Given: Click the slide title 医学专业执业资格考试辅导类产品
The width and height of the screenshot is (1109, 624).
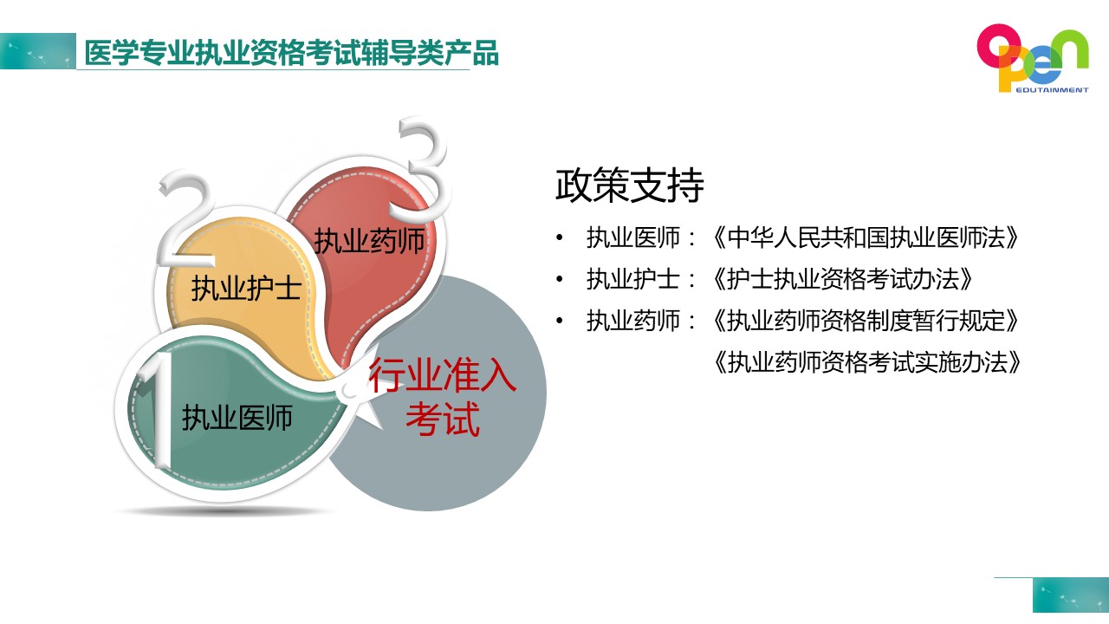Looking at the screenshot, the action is pyautogui.click(x=291, y=53).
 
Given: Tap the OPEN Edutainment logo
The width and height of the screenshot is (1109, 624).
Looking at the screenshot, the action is pyautogui.click(x=1033, y=58).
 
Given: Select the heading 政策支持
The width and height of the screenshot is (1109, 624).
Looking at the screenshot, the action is pyautogui.click(x=629, y=185).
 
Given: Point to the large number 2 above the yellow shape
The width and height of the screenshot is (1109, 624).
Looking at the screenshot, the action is pyautogui.click(x=185, y=218).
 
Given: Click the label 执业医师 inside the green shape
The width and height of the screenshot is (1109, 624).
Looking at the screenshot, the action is pyautogui.click(x=237, y=418).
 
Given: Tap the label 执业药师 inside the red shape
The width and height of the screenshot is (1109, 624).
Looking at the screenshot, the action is pyautogui.click(x=369, y=241).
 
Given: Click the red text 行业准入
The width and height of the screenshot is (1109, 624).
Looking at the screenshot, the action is pyautogui.click(x=443, y=375).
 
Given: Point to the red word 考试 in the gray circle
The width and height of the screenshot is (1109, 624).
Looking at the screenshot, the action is pyautogui.click(x=443, y=419).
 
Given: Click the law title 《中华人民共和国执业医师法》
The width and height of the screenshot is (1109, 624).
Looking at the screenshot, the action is pyautogui.click(x=865, y=237).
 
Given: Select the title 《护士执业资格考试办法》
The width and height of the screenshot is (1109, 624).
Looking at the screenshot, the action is pyautogui.click(x=842, y=279).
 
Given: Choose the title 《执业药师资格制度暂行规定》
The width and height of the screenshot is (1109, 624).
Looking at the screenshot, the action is pyautogui.click(x=865, y=321).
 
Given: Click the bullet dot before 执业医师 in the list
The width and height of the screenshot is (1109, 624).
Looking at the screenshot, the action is pyautogui.click(x=560, y=237).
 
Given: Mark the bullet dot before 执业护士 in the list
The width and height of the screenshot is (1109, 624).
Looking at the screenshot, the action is pyautogui.click(x=560, y=279).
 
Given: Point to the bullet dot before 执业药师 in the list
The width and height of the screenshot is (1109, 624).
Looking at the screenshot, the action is pyautogui.click(x=560, y=321).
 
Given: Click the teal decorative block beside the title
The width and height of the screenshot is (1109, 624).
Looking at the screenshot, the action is pyautogui.click(x=37, y=51).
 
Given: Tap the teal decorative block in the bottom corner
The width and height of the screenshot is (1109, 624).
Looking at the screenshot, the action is pyautogui.click(x=1071, y=595).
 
